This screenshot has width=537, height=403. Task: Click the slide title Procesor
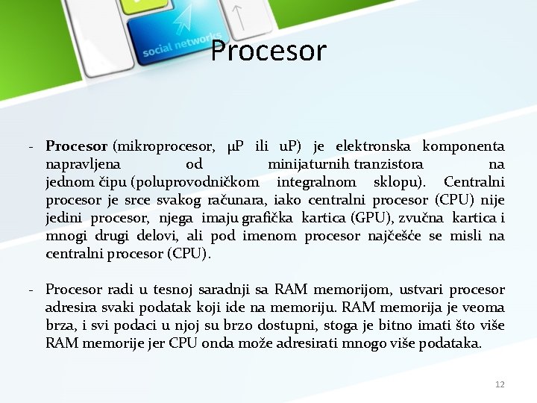pos(268,51)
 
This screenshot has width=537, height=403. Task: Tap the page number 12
pos(500,384)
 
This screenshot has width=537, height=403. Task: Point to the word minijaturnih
pos(309,164)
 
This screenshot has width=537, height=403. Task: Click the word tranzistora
pos(389,164)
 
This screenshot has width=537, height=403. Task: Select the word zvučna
pos(422,218)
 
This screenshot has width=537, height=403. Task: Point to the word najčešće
pos(395,236)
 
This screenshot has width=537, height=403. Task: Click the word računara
pos(239,200)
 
